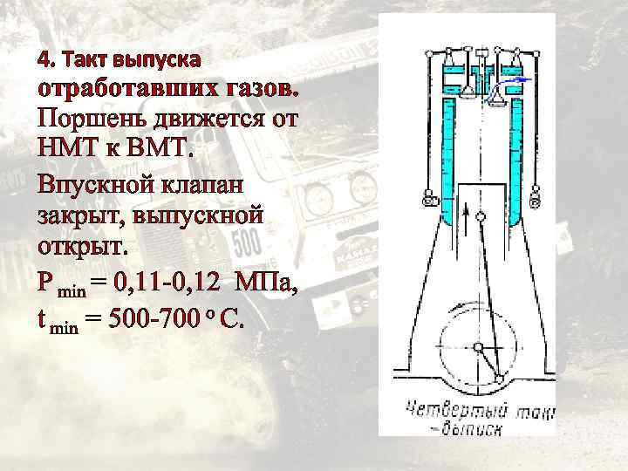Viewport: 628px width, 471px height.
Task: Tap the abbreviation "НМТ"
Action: point(67,148)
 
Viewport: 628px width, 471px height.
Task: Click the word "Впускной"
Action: point(92,184)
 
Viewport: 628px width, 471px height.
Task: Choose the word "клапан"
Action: point(200,184)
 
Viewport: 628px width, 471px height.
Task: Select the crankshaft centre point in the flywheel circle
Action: point(478,347)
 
